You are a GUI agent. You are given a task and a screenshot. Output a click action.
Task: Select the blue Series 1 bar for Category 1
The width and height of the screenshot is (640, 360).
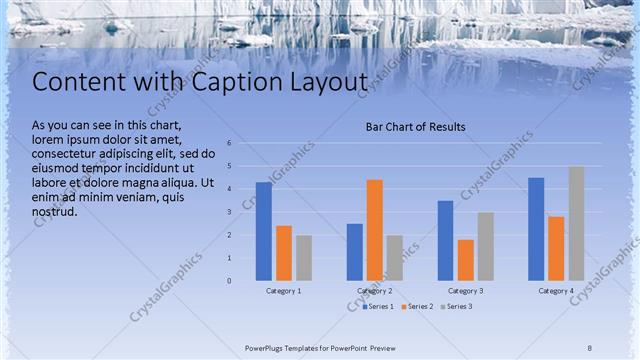tap(263, 230)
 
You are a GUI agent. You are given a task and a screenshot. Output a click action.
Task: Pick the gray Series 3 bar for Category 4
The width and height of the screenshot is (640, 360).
tap(576, 223)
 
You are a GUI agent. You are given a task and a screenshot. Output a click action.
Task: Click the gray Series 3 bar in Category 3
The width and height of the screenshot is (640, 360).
tap(485, 245)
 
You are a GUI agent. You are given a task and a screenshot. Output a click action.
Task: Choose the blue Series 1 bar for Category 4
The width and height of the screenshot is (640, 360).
tap(536, 228)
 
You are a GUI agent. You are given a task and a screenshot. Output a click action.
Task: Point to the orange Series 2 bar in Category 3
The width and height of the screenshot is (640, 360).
tap(465, 259)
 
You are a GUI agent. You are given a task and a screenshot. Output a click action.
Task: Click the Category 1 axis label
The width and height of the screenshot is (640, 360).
tap(283, 290)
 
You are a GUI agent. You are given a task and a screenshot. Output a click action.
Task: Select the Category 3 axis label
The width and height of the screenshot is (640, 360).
tap(465, 290)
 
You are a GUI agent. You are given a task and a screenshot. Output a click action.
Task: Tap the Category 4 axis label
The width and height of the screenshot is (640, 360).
tap(556, 290)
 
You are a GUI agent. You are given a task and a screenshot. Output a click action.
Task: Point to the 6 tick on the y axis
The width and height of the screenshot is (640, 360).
tap(229, 143)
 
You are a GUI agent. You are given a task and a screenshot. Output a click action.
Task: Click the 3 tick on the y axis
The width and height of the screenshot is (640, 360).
tap(229, 212)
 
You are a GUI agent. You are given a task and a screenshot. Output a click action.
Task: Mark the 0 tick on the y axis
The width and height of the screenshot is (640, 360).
tap(229, 281)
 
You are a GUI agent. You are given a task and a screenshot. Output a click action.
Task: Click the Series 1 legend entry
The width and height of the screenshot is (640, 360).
tap(378, 306)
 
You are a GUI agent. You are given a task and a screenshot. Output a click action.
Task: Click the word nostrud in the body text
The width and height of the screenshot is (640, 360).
tap(54, 212)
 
